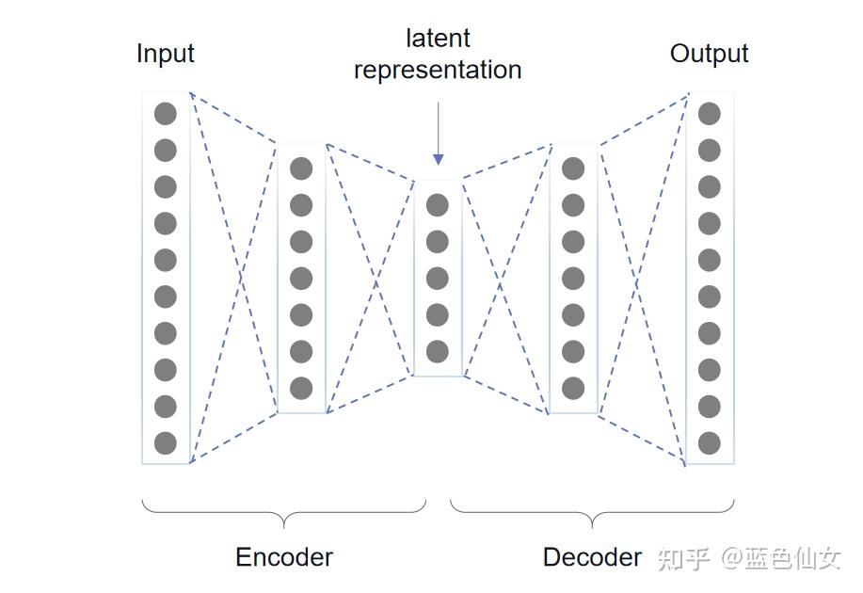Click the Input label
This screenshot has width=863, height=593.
[x=165, y=54]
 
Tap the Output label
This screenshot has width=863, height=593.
[x=709, y=54]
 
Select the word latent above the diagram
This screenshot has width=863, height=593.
[x=438, y=39]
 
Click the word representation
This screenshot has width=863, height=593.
[x=438, y=70]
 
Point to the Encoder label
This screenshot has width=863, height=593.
[x=283, y=557]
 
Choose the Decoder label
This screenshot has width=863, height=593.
[x=592, y=557]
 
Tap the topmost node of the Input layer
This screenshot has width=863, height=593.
[x=166, y=114]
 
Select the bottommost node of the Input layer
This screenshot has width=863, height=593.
[x=166, y=442]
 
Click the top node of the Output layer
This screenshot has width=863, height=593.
[x=709, y=114]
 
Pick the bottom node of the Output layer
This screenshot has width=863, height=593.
[x=709, y=442]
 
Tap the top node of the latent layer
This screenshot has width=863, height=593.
[x=438, y=205]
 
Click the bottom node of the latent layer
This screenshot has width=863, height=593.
[x=438, y=352]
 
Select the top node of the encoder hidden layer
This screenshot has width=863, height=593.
[x=301, y=168]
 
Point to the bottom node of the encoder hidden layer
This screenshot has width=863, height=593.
[x=301, y=388]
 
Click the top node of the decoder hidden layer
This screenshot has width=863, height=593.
[x=572, y=168]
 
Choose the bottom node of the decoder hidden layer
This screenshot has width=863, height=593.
[x=572, y=388]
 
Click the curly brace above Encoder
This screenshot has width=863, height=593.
[x=283, y=513]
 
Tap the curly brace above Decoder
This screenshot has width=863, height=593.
[x=592, y=513]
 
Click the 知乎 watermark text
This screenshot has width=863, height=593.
[x=683, y=559]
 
